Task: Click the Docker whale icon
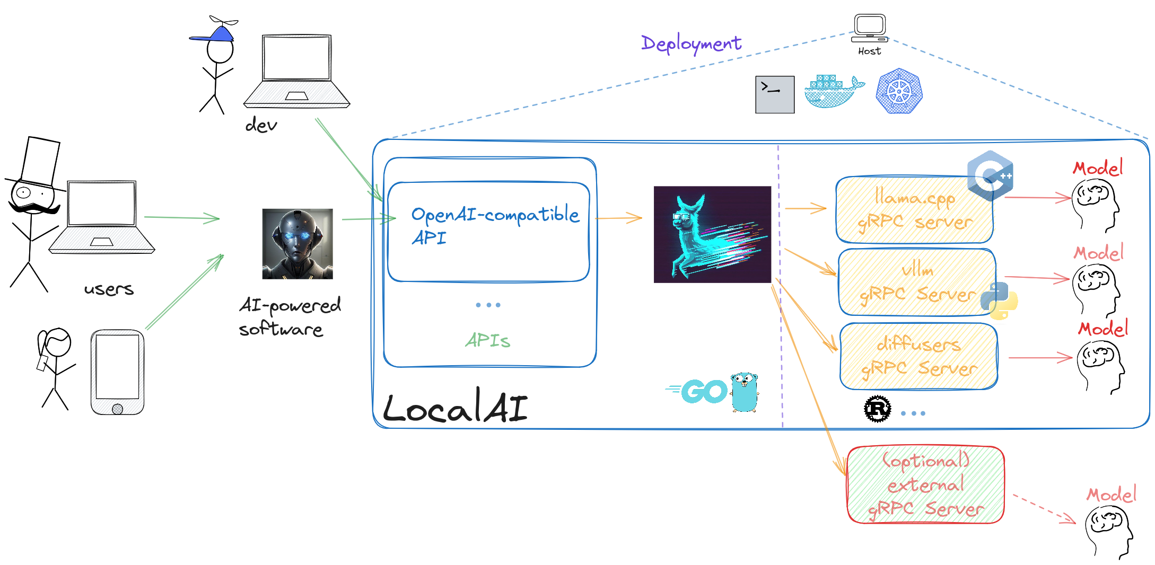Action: [x=833, y=92]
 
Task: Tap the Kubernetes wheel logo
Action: [x=899, y=91]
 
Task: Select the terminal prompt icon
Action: [x=775, y=94]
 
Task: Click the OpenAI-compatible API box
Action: [x=488, y=232]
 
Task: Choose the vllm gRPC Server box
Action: [x=917, y=282]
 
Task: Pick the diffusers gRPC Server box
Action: [x=918, y=356]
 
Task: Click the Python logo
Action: [x=999, y=301]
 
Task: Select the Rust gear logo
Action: [x=878, y=409]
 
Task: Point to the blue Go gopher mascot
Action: [x=745, y=392]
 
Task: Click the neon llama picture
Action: [x=712, y=234]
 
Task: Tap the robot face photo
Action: [x=297, y=244]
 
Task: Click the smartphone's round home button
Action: [x=118, y=409]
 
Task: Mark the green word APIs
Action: [x=488, y=340]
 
